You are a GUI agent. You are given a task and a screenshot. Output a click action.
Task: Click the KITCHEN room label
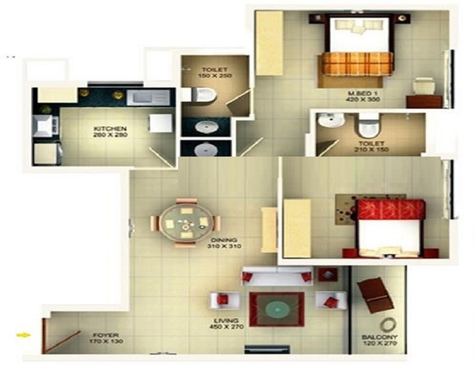tap(106, 128)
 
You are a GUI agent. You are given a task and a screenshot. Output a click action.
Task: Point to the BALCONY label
tap(380, 337)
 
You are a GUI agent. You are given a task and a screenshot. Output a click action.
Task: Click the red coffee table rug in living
tap(276, 309)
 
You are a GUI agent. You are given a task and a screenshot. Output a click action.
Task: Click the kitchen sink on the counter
tap(148, 96)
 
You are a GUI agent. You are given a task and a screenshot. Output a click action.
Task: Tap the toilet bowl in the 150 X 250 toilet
tap(203, 94)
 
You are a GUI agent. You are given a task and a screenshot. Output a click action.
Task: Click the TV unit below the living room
tap(267, 349)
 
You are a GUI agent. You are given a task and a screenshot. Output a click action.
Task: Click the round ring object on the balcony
tap(388, 325)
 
